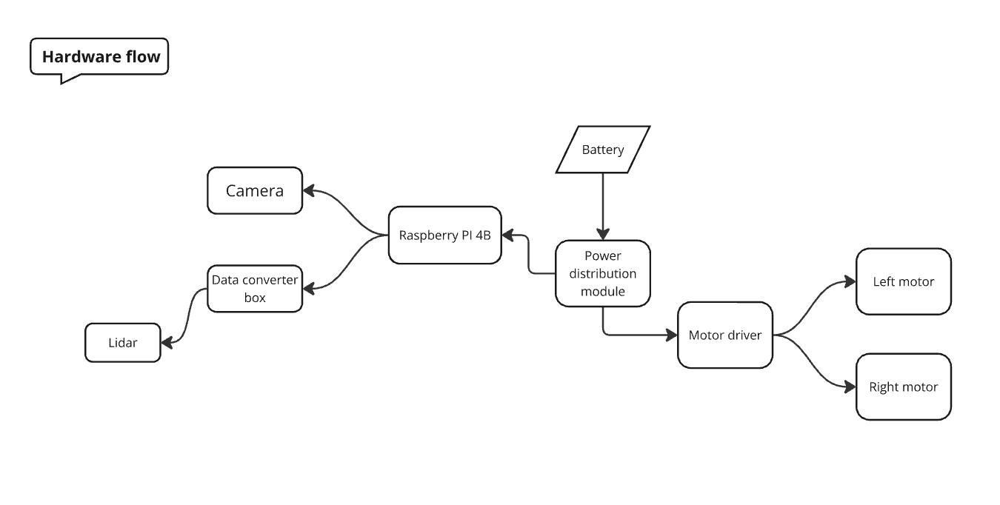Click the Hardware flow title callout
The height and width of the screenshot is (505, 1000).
99,57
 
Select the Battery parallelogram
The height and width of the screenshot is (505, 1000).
602,150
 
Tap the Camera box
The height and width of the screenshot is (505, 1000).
255,191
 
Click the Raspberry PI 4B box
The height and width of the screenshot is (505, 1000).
444,235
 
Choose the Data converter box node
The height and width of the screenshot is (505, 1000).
255,289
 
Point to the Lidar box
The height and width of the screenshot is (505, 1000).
123,343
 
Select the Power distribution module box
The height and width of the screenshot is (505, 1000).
602,273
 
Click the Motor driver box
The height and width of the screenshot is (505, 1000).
724,335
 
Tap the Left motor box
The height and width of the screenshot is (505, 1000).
903,282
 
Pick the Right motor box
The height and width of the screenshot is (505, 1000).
903,387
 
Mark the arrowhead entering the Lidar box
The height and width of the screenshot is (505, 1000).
167,343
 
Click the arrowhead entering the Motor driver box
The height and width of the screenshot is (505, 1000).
672,335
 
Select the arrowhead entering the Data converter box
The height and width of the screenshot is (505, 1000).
309,289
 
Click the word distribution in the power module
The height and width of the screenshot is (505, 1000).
602,273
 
